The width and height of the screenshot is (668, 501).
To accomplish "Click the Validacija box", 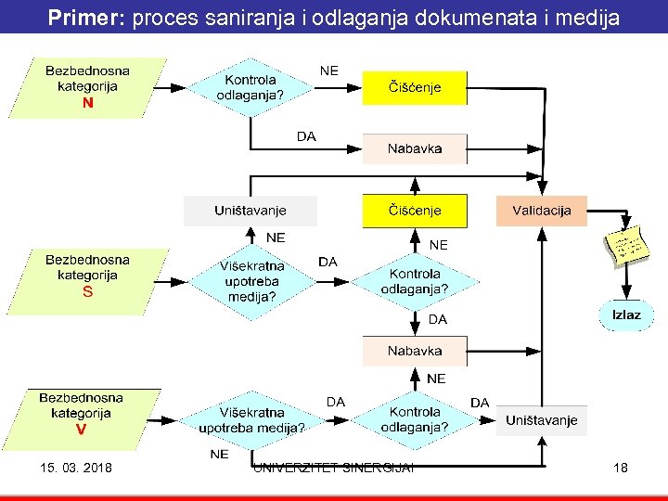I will point(542,211).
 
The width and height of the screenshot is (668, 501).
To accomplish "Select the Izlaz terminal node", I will point(625,315).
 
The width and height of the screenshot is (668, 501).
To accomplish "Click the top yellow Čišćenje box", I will point(414,88).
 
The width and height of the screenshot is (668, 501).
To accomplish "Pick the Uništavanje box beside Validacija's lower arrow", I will point(541,420).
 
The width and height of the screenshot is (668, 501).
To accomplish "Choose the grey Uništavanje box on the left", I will point(250,211).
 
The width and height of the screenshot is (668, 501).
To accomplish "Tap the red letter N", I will point(87,104).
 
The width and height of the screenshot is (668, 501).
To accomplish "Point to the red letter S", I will point(87,291).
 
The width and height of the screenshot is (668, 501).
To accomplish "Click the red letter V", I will point(82,430).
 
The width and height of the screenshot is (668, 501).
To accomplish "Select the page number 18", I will point(620,468).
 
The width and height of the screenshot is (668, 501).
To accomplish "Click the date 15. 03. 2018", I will point(76,468).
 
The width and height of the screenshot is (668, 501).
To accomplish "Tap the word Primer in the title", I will point(87,17).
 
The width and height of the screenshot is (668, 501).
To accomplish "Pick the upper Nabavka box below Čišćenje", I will point(414,148).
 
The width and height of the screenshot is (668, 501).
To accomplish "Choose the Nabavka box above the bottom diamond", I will point(414,351).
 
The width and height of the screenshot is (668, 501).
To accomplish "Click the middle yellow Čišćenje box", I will point(414,211).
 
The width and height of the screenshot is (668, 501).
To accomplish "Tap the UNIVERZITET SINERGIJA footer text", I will point(334,467).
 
